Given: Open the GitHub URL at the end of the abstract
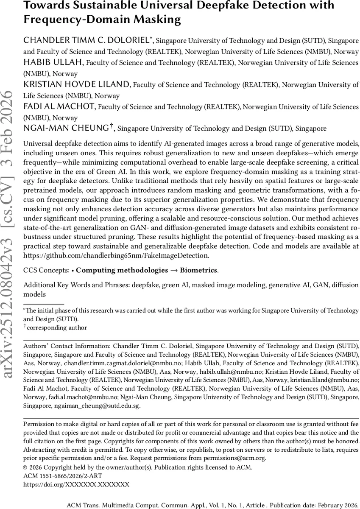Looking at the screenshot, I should tap(116, 255).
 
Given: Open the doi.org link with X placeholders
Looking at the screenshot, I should tap(76, 484).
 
